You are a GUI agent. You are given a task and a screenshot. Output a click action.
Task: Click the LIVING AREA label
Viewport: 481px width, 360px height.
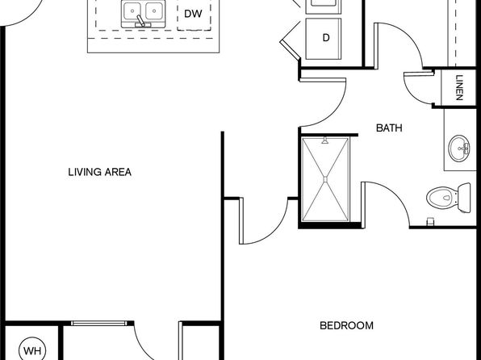(100, 172)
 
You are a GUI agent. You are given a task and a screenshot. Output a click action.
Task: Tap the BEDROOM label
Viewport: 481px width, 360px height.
(347, 325)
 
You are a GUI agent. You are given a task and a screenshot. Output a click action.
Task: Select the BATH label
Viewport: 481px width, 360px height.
(389, 128)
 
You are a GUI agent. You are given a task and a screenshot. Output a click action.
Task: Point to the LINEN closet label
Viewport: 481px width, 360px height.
(459, 88)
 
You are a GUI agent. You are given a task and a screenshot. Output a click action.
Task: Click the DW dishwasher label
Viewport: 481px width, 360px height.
(193, 14)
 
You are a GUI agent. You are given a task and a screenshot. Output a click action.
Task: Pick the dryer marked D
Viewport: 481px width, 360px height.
(324, 39)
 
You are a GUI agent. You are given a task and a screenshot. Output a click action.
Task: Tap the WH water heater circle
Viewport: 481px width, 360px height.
(32, 350)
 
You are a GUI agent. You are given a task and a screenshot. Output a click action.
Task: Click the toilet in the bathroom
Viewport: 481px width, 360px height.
(449, 198)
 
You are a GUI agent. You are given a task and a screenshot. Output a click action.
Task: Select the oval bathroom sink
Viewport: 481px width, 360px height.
(459, 149)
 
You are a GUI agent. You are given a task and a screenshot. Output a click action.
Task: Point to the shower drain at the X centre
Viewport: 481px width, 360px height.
(325, 179)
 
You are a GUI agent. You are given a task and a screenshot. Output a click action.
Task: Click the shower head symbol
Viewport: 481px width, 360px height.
(325, 141)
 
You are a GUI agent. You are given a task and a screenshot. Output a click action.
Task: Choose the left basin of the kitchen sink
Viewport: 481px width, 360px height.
(132, 10)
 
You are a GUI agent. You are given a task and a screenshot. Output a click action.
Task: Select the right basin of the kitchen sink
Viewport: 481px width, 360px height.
(153, 10)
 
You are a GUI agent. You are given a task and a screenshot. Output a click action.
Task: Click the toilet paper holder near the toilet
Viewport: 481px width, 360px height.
(430, 221)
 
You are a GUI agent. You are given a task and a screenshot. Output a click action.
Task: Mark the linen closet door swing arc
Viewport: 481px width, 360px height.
(411, 93)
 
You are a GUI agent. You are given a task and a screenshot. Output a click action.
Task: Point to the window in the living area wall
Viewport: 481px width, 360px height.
(98, 323)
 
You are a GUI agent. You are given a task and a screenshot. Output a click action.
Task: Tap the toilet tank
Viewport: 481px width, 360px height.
(464, 198)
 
